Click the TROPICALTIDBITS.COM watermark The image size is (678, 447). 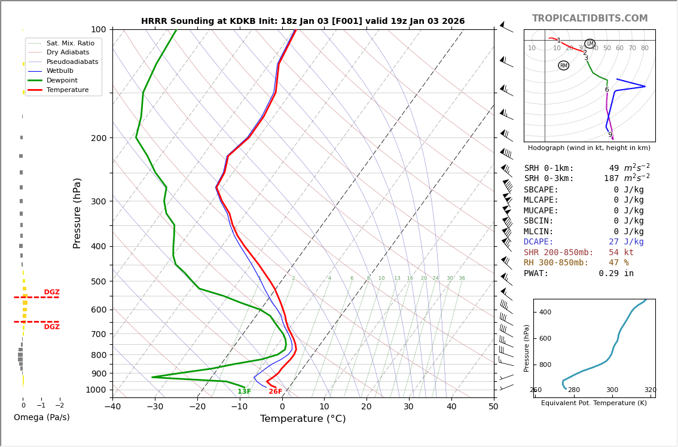(590, 19)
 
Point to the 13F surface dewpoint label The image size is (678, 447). (244, 392)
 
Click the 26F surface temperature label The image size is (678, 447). (275, 392)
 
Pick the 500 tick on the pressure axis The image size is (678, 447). (99, 281)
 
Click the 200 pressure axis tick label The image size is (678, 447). (99, 138)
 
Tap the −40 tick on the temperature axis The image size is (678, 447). (112, 407)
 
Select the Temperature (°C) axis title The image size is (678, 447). (303, 419)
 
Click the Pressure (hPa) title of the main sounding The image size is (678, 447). (77, 213)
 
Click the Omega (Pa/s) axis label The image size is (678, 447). (42, 418)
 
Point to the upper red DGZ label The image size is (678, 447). (51, 292)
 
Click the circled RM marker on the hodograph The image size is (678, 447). (563, 66)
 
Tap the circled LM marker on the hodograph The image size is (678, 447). (590, 44)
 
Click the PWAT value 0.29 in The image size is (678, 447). (616, 274)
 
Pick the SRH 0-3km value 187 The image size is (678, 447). (611, 179)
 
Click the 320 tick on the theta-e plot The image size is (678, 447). (650, 390)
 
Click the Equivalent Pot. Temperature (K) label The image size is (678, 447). (594, 403)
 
